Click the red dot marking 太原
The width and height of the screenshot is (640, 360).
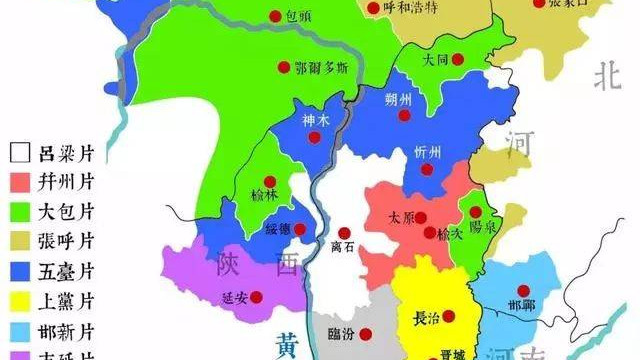coord(421,218)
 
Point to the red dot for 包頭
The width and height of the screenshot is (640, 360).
coord(275,15)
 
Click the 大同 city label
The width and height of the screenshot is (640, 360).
coord(435,60)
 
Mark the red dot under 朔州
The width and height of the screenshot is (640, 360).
coord(404,115)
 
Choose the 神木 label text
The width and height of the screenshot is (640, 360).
coord(314,121)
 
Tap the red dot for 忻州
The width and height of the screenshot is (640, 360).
coord(427,170)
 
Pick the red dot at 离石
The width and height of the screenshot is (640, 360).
coord(345,233)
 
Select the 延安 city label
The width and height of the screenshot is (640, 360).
coord(232,297)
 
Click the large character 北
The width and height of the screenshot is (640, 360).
coord(606,76)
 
